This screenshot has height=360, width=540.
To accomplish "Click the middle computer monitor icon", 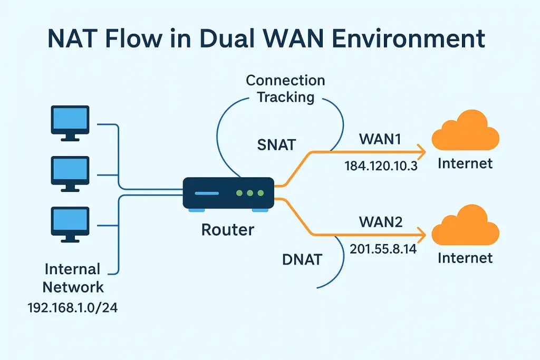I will pyautogui.click(x=70, y=173).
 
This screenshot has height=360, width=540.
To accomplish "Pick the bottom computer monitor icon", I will pyautogui.click(x=70, y=223).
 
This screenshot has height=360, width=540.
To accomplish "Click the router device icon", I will pyautogui.click(x=228, y=193).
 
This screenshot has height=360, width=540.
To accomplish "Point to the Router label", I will pyautogui.click(x=228, y=230).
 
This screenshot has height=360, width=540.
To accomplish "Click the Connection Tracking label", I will pyautogui.click(x=286, y=89).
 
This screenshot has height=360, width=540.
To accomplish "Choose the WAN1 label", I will pyautogui.click(x=380, y=140).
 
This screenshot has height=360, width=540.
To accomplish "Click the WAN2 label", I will pyautogui.click(x=381, y=222).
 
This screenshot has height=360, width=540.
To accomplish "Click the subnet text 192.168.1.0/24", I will pyautogui.click(x=73, y=307).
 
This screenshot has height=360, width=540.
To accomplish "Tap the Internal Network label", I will pyautogui.click(x=73, y=278).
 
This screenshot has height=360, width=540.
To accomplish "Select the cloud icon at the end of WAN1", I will pyautogui.click(x=465, y=134).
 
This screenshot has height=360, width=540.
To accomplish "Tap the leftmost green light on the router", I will pyautogui.click(x=239, y=193).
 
